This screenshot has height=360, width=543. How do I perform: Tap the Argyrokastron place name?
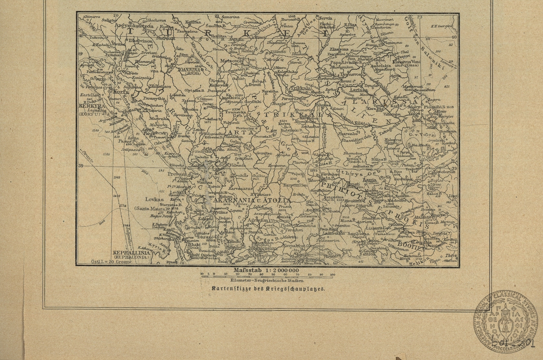click(x=134, y=25)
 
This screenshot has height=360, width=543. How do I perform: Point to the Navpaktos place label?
click(x=293, y=246)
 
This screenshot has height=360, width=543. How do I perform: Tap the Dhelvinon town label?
click(x=140, y=41)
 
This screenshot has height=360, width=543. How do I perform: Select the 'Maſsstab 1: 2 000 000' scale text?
click(x=266, y=270)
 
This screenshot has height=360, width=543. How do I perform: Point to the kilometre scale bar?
click(x=268, y=276)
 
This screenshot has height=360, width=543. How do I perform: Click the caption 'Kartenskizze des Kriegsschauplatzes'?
click(x=268, y=288)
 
